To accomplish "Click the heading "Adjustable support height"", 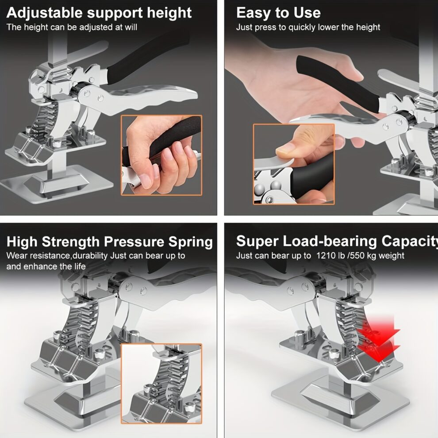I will (x=99, y=12).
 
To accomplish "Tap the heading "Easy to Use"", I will (x=278, y=12).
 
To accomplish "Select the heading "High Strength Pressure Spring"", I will (x=110, y=242).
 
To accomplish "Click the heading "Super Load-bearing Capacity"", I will (x=337, y=241).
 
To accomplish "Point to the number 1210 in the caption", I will (x=326, y=256).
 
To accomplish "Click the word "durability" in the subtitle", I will (x=87, y=256).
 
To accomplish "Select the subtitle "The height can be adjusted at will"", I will (x=72, y=27).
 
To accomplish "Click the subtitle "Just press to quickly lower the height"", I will (x=308, y=27).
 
